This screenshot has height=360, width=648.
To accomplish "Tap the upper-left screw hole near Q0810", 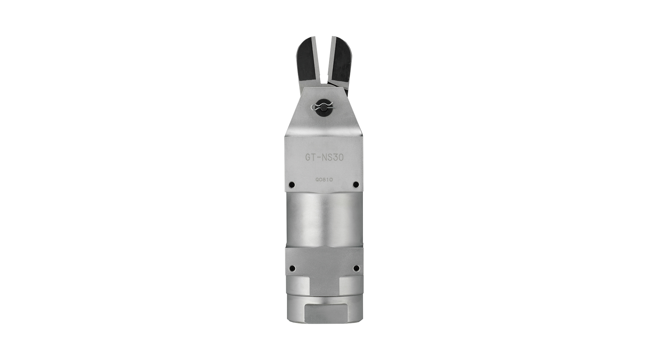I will pos(292,185).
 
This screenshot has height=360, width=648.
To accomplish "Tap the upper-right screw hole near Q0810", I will pos(356,185).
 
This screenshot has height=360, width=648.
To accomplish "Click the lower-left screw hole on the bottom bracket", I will pos(292,268).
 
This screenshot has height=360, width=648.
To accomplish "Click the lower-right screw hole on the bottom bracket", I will pos(356,268).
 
